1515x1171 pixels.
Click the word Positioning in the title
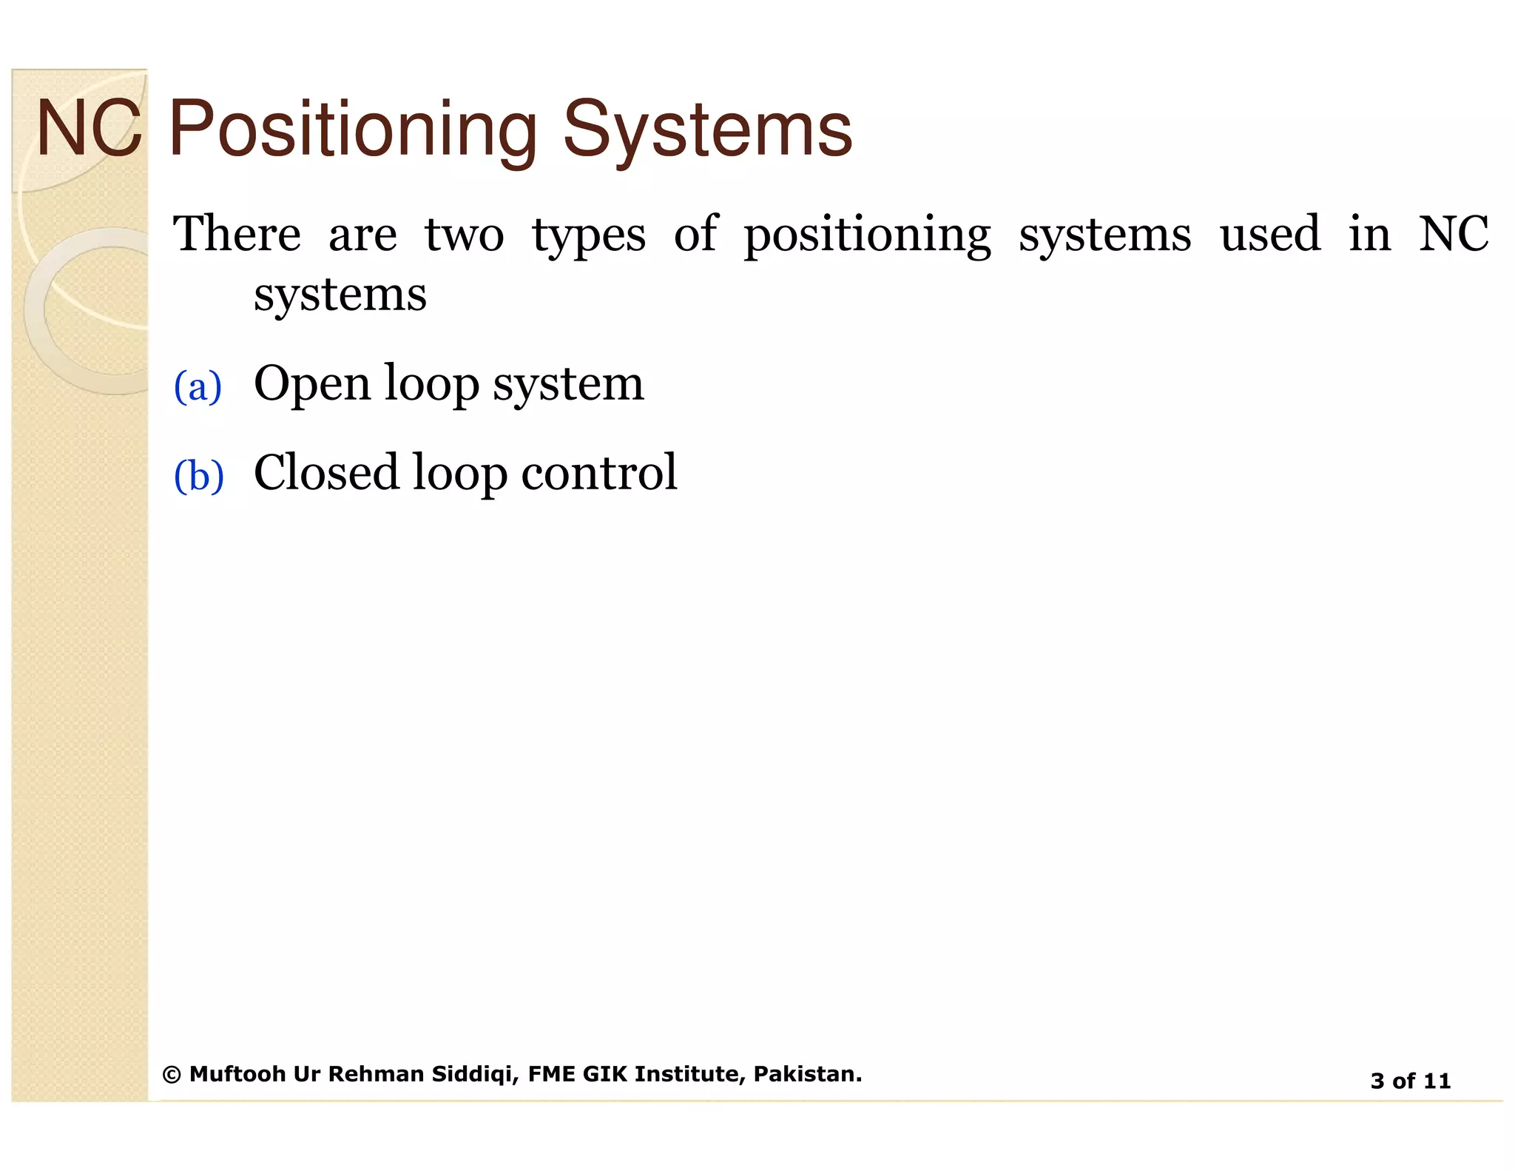click(x=353, y=130)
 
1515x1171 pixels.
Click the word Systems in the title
click(x=707, y=130)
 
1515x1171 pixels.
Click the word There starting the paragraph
click(x=237, y=234)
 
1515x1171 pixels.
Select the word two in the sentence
click(x=464, y=234)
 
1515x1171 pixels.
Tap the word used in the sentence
click(x=1269, y=234)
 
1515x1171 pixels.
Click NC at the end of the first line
click(x=1453, y=234)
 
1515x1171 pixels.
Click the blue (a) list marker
click(x=198, y=386)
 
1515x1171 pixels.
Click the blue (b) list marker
click(x=198, y=475)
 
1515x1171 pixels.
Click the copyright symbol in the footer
click(x=172, y=1075)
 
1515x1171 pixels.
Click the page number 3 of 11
click(x=1410, y=1081)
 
